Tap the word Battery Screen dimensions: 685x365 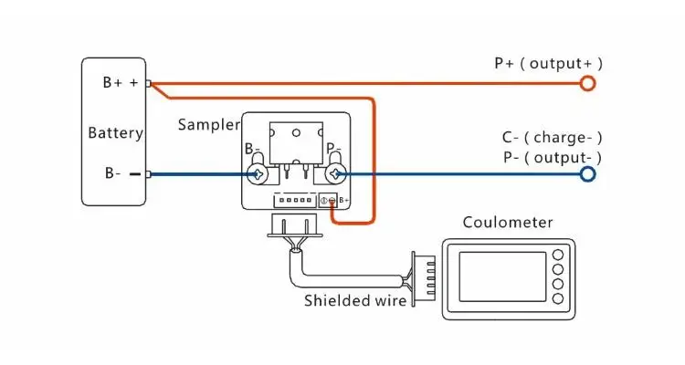coord(115,132)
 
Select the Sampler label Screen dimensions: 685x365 coord(209,125)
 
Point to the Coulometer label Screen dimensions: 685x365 coord(508,223)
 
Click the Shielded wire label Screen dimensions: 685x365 coord(355,301)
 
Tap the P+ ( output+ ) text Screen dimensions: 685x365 coord(548,64)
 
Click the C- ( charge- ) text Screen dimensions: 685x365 coord(553,138)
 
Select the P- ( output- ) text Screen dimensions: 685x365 coord(553,157)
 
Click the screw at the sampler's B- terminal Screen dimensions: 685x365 coord(258,174)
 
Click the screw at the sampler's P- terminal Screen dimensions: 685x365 coord(335,174)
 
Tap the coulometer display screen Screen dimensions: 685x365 coord(502,276)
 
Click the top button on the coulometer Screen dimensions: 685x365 coord(558,255)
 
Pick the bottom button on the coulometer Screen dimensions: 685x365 coord(558,298)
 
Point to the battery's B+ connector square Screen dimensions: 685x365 coord(148,83)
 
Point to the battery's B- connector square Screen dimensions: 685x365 coord(148,174)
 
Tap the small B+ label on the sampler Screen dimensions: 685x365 coord(343,200)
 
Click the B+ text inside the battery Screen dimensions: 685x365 coord(112,82)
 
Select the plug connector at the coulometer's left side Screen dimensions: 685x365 coord(424,278)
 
